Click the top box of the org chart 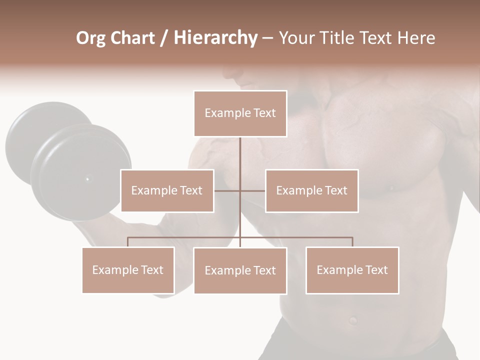(x=240, y=113)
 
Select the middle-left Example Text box (x=167, y=190)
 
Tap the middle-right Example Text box (x=311, y=190)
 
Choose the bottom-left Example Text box (x=128, y=270)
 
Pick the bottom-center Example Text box (x=240, y=270)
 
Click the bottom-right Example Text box (x=352, y=270)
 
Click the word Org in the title (x=90, y=38)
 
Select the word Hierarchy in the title (x=215, y=38)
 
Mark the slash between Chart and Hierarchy (x=164, y=38)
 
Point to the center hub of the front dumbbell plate (x=88, y=178)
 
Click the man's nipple (x=391, y=188)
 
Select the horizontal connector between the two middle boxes (x=240, y=190)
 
